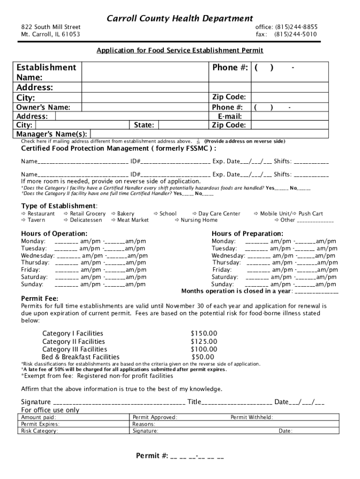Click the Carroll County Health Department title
pyautogui.click(x=180, y=19)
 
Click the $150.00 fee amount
pyautogui.click(x=204, y=334)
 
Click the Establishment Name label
pyautogui.click(x=46, y=72)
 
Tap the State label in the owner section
pyautogui.click(x=143, y=125)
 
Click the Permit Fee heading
pyautogui.click(x=40, y=298)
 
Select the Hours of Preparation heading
pyautogui.click(x=247, y=233)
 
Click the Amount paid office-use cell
pyautogui.click(x=39, y=417)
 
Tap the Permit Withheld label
pyautogui.click(x=252, y=417)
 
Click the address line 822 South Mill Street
pyautogui.click(x=50, y=27)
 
